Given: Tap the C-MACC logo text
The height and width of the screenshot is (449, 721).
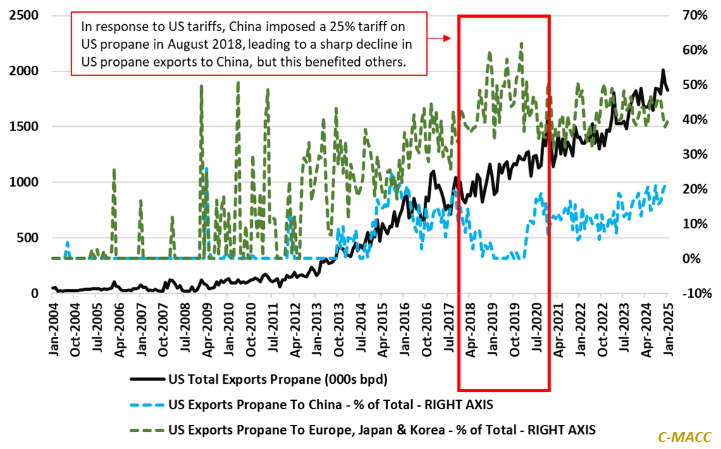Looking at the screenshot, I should pyautogui.click(x=684, y=436).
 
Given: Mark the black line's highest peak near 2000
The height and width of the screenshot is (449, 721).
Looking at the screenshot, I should pyautogui.click(x=663, y=70).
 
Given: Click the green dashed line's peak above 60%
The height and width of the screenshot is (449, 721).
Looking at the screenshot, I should pyautogui.click(x=521, y=43).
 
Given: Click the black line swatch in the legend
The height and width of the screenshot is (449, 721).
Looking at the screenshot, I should pyautogui.click(x=146, y=380).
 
